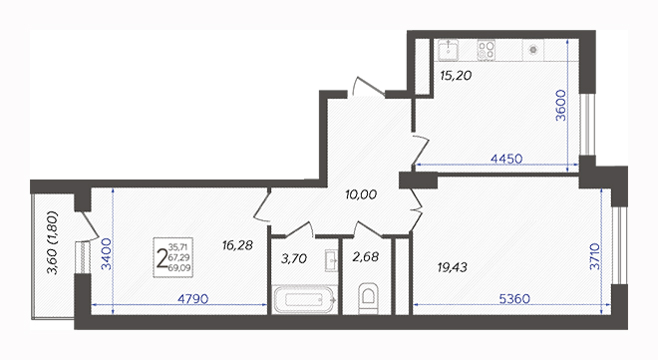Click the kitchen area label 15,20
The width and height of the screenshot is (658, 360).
pyautogui.click(x=456, y=76)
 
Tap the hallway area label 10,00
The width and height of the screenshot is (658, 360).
pyautogui.click(x=361, y=194)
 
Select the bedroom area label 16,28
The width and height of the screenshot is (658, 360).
pyautogui.click(x=237, y=245)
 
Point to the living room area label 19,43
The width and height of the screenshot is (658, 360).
pyautogui.click(x=452, y=267)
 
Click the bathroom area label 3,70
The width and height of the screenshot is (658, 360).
pyautogui.click(x=294, y=259)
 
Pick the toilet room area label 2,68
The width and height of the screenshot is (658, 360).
pyautogui.click(x=366, y=256)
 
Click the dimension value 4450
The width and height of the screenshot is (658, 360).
pyautogui.click(x=506, y=159)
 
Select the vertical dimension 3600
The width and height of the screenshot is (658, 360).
pyautogui.click(x=561, y=106)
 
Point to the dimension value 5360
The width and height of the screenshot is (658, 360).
pyautogui.click(x=514, y=299)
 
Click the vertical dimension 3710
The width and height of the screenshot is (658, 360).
pyautogui.click(x=595, y=256)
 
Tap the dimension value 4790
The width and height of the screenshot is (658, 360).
pyautogui.click(x=193, y=299)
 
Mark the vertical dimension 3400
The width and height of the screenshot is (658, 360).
pyautogui.click(x=107, y=253)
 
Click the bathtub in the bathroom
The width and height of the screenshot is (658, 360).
pyautogui.click(x=304, y=299)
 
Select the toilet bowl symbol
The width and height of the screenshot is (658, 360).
pyautogui.click(x=369, y=298)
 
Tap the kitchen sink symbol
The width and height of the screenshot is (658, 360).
pyautogui.click(x=449, y=50)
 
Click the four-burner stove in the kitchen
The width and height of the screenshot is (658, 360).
pyautogui.click(x=486, y=50)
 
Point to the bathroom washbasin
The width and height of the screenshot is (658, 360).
pyautogui.click(x=332, y=260)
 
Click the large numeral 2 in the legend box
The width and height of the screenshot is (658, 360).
pyautogui.click(x=161, y=258)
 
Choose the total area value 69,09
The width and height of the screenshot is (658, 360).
pyautogui.click(x=179, y=267)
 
